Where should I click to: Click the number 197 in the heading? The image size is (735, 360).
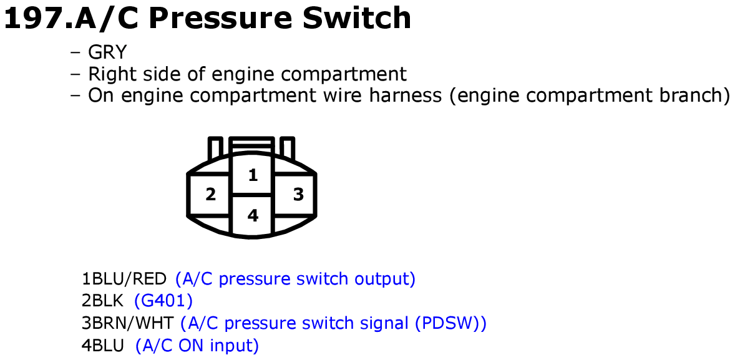click(33, 18)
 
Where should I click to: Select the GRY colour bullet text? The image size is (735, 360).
click(107, 52)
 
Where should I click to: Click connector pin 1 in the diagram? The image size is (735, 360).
click(253, 175)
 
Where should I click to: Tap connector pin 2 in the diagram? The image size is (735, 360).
click(211, 194)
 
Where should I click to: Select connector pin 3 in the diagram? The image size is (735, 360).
click(298, 194)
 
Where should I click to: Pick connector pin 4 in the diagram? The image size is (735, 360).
click(253, 215)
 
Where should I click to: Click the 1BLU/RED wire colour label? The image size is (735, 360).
click(124, 279)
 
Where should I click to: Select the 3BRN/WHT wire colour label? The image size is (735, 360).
click(127, 323)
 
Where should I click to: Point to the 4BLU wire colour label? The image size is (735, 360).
click(103, 346)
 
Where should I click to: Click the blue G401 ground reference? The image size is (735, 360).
click(163, 301)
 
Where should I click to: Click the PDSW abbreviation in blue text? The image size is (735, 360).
click(447, 323)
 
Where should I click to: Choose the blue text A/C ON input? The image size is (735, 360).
click(197, 346)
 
